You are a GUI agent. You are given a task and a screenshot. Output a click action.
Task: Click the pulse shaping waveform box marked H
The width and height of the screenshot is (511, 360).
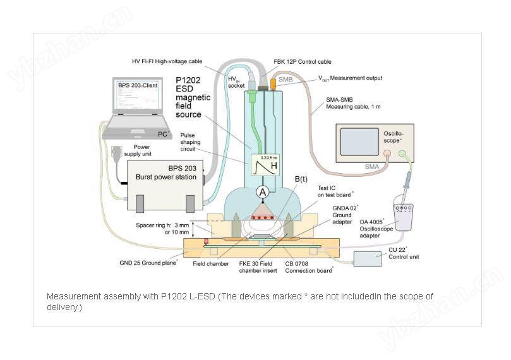click(x=265, y=165)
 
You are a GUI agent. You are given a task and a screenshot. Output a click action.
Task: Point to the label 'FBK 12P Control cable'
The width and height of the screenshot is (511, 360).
click(x=303, y=63)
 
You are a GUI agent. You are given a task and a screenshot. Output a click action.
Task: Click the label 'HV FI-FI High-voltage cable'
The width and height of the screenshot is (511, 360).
click(x=170, y=61)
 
